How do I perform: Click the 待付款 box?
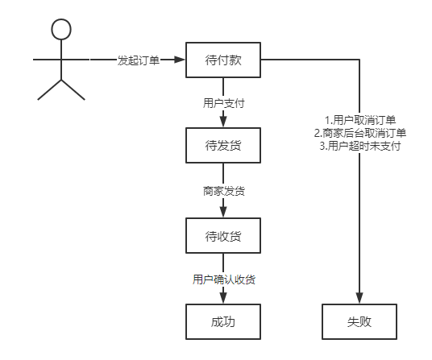tap(223, 60)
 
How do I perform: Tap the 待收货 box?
tap(223, 236)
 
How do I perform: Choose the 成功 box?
tap(223, 322)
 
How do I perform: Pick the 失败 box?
tap(359, 322)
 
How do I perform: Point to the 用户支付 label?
tap(223, 104)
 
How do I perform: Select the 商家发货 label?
tap(223, 192)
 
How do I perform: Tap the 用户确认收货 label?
tap(223, 279)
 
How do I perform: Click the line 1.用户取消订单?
tap(359, 120)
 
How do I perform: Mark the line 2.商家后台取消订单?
tap(359, 133)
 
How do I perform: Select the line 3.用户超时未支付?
tap(359, 146)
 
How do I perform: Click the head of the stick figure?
tap(61, 30)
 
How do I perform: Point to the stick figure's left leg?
tap(49, 89)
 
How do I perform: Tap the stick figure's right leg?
tap(73, 89)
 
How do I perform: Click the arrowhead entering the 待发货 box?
tap(223, 123)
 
